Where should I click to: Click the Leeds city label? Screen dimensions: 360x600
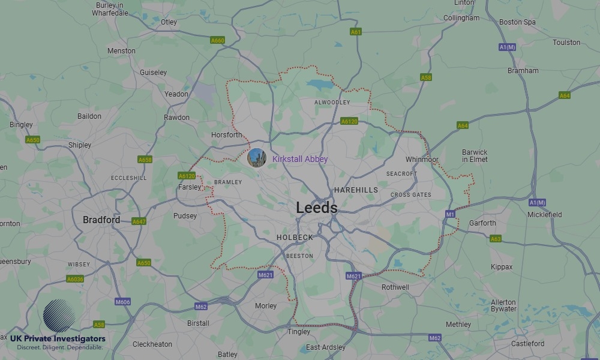[316, 208]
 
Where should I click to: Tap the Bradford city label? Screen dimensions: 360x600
[101, 220]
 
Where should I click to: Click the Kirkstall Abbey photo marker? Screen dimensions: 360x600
[257, 158]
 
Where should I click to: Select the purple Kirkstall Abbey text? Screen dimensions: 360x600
[300, 159]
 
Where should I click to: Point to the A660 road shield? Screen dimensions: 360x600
[217, 40]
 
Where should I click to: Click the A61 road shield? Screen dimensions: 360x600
[356, 31]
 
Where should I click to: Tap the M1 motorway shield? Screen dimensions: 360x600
[450, 214]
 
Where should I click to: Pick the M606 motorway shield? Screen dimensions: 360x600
[122, 302]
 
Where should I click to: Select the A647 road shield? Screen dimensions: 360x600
[139, 221]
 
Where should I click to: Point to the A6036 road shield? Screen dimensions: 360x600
[75, 279]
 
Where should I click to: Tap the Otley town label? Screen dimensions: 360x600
[169, 22]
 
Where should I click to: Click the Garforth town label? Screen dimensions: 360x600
[482, 223]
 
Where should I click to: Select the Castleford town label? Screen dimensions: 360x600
[527, 344]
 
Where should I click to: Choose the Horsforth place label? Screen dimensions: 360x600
[227, 135]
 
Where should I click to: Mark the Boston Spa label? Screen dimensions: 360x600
[517, 22]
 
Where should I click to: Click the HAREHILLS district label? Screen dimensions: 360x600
[356, 190]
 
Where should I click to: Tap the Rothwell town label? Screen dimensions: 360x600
[395, 287]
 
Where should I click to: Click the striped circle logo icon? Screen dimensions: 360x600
[59, 316]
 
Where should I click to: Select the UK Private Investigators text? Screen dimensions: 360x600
[58, 339]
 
